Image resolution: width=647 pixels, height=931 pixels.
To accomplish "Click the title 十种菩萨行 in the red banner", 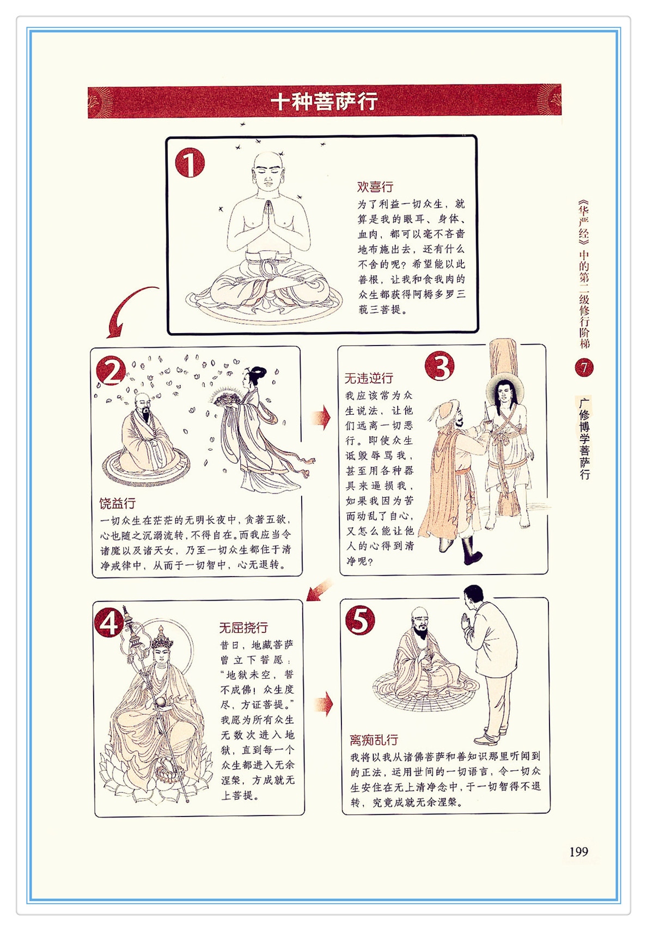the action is (324, 101).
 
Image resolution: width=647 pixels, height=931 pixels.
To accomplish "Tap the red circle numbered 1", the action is (190, 162).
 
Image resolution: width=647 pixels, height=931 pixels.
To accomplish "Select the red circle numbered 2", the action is (111, 370).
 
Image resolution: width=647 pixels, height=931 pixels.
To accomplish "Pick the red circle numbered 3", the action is (440, 366).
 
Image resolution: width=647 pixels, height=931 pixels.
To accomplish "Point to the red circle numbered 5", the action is (360, 620).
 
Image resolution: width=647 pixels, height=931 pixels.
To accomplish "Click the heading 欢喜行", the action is (375, 187).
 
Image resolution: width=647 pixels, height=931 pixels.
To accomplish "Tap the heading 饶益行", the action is (118, 503).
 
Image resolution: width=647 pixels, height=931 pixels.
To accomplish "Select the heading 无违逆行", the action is (369, 378).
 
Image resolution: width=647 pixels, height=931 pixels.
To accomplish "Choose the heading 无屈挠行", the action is (243, 627).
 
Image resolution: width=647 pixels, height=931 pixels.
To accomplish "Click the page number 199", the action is (578, 851).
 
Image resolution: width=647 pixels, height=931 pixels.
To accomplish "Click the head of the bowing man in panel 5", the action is (473, 596).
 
